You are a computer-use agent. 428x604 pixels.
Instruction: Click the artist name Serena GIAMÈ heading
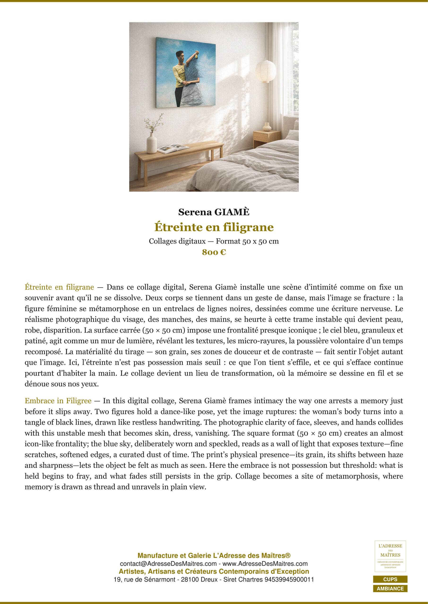pyautogui.click(x=214, y=212)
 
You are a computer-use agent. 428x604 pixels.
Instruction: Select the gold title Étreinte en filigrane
pyautogui.click(x=214, y=227)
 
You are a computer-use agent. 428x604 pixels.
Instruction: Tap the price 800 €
pyautogui.click(x=214, y=252)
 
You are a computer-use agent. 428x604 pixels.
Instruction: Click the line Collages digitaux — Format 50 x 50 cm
pyautogui.click(x=214, y=241)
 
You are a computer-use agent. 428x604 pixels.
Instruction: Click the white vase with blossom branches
pyautogui.click(x=151, y=142)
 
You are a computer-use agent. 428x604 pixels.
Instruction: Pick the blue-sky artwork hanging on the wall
pyautogui.click(x=186, y=72)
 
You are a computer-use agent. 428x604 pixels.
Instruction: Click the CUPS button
pyautogui.click(x=390, y=579)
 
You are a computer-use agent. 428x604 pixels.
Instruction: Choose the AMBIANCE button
pyautogui.click(x=390, y=588)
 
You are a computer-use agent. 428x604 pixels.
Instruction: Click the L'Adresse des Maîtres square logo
pyautogui.click(x=390, y=556)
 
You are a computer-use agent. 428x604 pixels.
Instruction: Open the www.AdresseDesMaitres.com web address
pyautogui.click(x=265, y=564)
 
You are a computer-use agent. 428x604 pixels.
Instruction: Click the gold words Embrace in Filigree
pyautogui.click(x=58, y=401)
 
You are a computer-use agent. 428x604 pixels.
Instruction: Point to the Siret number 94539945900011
pyautogui.click(x=289, y=579)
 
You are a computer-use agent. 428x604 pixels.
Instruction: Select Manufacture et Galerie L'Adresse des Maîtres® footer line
pyautogui.click(x=214, y=556)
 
